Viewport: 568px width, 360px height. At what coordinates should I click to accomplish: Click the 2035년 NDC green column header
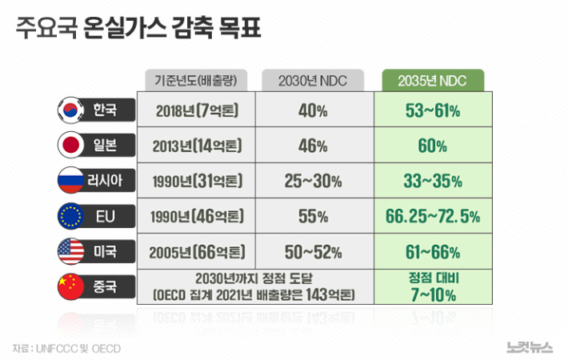(x=433, y=80)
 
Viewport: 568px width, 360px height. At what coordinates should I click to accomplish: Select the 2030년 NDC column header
(x=312, y=80)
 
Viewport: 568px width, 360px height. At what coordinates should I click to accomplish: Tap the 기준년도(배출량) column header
(x=197, y=80)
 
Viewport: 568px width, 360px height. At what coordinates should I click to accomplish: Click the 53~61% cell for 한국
(x=433, y=110)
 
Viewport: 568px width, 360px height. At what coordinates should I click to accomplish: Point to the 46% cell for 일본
(x=312, y=146)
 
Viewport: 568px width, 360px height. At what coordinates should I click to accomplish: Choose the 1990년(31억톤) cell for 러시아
(x=197, y=181)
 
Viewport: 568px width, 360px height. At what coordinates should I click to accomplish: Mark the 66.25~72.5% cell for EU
(x=433, y=216)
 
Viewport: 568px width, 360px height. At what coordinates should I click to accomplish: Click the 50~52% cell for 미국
(x=312, y=251)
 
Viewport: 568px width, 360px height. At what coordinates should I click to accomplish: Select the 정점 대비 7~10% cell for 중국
(x=433, y=286)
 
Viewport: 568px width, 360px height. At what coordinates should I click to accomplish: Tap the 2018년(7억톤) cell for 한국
(x=197, y=110)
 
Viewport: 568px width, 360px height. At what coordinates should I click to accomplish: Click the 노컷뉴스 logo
(x=530, y=346)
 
